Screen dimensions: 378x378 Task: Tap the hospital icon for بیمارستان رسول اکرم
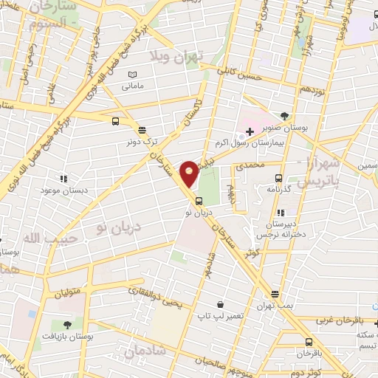pos(250,133)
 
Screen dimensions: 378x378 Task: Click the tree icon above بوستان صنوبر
pos(286,115)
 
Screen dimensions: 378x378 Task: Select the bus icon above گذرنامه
pos(279,178)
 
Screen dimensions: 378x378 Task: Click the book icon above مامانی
pos(133,75)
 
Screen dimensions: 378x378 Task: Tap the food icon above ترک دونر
pos(141,128)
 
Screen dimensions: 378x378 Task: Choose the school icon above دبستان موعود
pos(63,178)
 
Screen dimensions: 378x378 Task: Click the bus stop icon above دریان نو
pos(198,201)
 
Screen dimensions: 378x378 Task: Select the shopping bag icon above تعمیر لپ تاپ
pos(220,303)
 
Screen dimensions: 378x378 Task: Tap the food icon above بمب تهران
pos(274,293)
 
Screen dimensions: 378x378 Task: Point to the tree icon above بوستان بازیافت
pos(68,323)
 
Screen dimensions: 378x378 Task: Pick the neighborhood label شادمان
pos(145,352)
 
